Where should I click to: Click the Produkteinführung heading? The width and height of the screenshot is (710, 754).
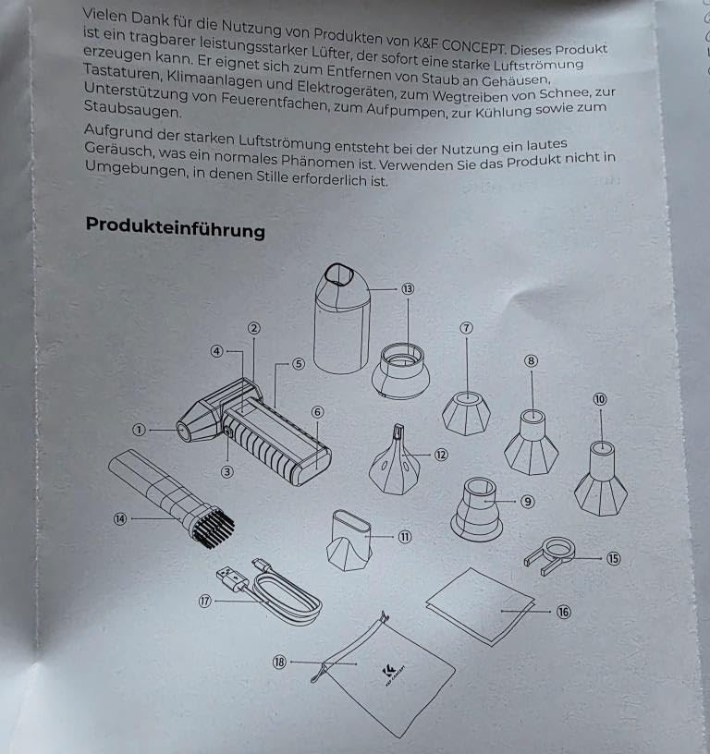coord(175,227)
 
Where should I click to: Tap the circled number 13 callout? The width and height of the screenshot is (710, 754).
coord(408,288)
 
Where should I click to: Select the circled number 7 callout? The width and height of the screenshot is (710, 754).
coord(466,328)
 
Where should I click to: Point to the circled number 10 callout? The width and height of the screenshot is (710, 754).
coord(599,399)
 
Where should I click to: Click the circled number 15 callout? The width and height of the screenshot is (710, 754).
coord(613,558)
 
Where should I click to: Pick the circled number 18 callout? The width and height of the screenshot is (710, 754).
coord(279,663)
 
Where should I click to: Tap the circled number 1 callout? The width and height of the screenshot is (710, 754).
coord(139,430)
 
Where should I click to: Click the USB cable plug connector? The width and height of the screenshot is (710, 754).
coord(232,578)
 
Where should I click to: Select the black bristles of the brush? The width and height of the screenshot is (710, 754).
coord(214,528)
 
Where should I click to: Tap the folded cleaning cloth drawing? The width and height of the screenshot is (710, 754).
coord(480,606)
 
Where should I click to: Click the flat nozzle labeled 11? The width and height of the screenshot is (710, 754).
coord(349,540)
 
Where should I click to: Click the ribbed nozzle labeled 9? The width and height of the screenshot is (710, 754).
coord(477,509)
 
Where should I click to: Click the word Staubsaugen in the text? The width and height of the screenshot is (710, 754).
coord(133,109)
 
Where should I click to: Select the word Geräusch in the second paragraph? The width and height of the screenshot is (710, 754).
coord(119,150)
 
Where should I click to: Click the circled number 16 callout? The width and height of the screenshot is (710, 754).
coord(563,612)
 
